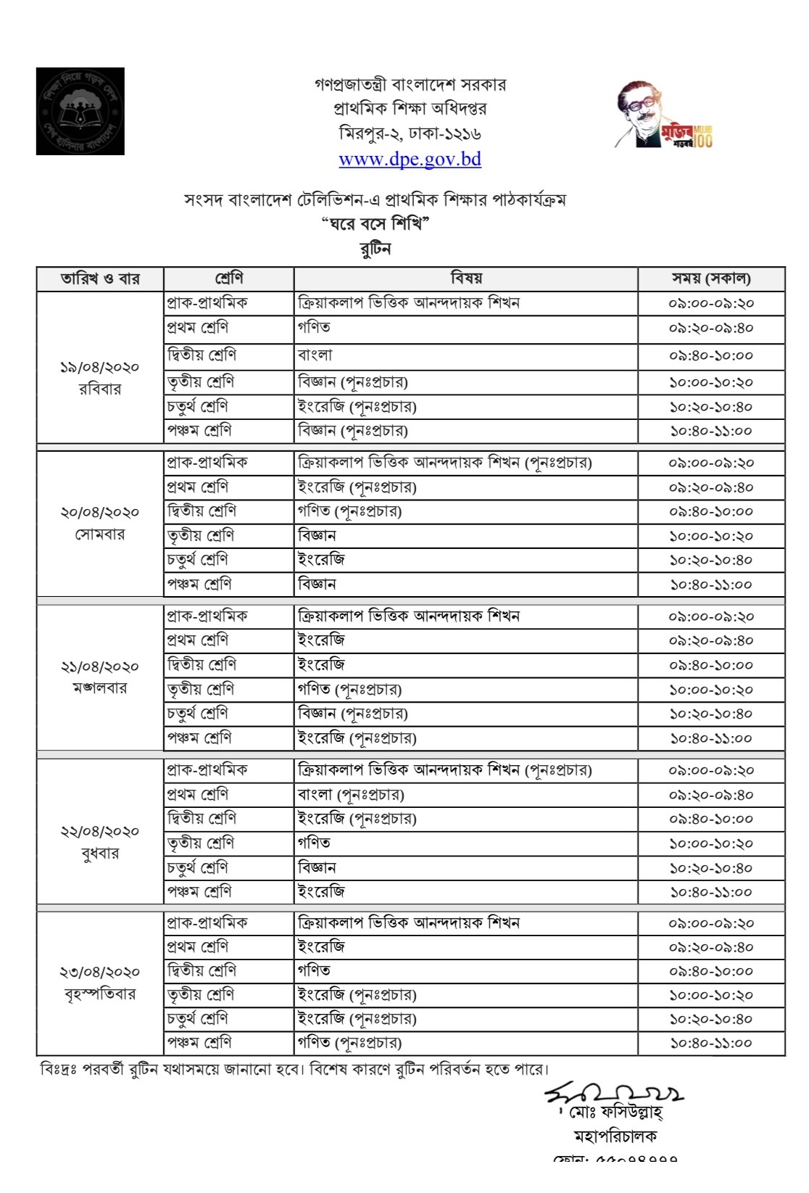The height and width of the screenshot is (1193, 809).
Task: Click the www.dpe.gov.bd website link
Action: [x=410, y=160]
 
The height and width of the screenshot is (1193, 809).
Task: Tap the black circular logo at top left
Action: [x=80, y=111]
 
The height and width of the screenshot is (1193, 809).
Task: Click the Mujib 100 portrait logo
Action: [x=663, y=115]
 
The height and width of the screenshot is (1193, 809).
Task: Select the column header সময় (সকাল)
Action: [x=710, y=278]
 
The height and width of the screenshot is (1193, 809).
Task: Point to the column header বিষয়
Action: [x=465, y=278]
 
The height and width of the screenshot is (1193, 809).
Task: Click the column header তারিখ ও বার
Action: [x=100, y=278]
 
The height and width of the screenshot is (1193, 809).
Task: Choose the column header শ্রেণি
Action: [x=228, y=278]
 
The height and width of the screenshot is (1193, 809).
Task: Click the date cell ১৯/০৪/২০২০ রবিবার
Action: [x=100, y=377]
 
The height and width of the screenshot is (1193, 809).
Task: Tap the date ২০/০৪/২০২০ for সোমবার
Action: [x=100, y=512]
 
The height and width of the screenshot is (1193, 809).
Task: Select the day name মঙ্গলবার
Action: [x=100, y=688]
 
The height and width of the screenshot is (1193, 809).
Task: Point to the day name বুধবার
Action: [x=100, y=853]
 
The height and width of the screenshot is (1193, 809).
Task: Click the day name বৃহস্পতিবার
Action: [x=100, y=994]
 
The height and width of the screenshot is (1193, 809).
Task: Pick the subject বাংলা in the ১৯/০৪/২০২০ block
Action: [x=315, y=355]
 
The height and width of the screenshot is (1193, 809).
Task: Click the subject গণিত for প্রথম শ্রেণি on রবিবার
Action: [x=314, y=327]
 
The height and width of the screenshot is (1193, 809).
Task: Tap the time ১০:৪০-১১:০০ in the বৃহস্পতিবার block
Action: [x=710, y=1043]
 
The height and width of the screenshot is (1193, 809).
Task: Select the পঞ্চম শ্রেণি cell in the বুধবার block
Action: [x=199, y=891]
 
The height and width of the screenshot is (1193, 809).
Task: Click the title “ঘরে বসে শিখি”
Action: [x=376, y=223]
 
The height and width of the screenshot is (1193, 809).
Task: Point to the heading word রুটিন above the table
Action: [x=376, y=249]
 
